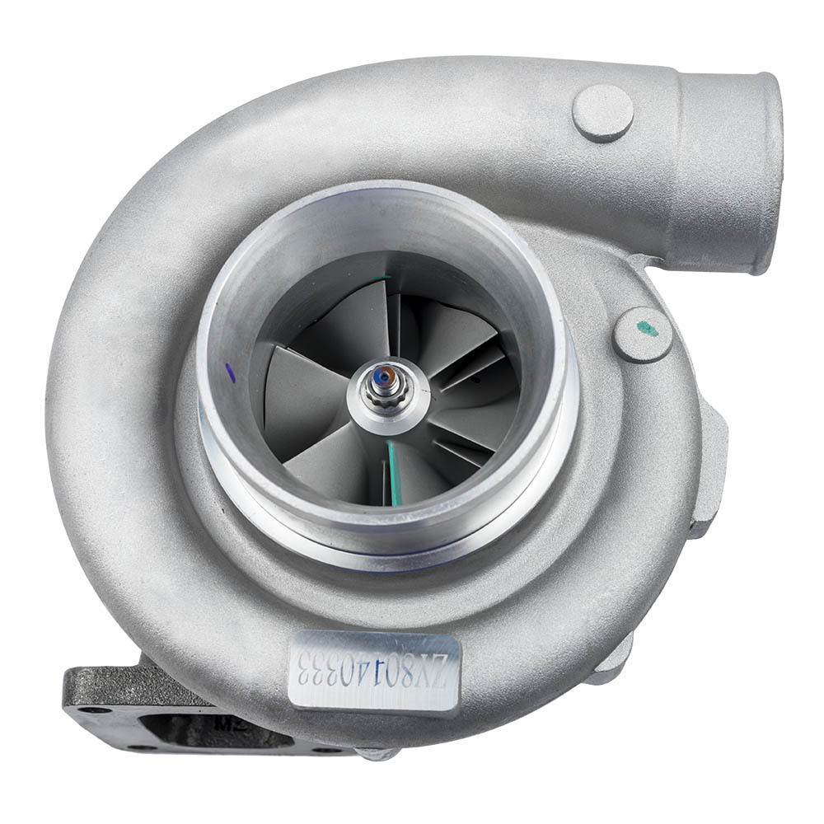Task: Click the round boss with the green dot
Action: point(643,333)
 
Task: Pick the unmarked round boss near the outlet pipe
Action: point(602,113)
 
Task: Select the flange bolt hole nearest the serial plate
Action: point(330,750)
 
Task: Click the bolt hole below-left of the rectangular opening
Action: point(142,747)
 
